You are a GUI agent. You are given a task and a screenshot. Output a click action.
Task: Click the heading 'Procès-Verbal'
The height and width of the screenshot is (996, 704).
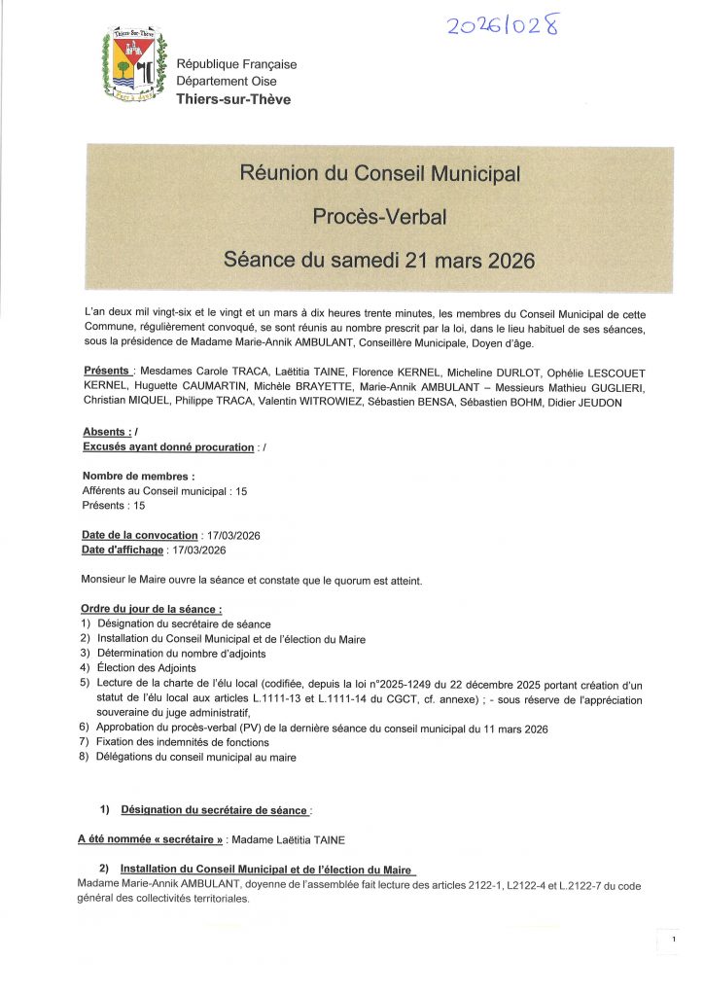[379, 217]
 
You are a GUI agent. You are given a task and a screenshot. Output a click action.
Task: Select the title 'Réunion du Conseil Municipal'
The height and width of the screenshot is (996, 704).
[379, 174]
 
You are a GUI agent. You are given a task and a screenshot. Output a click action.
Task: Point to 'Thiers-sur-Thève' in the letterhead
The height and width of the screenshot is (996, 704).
[232, 99]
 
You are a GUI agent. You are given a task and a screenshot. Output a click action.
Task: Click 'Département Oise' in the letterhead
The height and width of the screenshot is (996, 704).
[227, 82]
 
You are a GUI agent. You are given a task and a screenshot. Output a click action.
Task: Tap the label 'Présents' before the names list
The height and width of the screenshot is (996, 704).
[106, 372]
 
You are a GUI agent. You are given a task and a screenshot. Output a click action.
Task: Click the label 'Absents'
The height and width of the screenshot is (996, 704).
[105, 432]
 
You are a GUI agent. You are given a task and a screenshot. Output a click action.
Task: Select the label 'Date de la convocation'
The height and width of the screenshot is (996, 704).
[140, 535]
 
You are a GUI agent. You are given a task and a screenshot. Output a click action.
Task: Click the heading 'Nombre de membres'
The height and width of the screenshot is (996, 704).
[138, 477]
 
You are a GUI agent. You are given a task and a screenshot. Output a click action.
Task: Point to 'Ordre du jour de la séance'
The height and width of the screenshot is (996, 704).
[145, 609]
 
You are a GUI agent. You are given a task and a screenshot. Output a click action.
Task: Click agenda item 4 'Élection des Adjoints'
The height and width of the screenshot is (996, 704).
[147, 668]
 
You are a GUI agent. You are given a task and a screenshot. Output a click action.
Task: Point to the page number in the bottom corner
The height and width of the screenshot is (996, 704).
[673, 940]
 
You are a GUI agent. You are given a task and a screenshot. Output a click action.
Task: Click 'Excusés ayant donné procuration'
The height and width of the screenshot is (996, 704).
[167, 446]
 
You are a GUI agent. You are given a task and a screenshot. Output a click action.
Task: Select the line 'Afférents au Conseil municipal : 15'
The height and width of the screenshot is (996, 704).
[165, 492]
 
